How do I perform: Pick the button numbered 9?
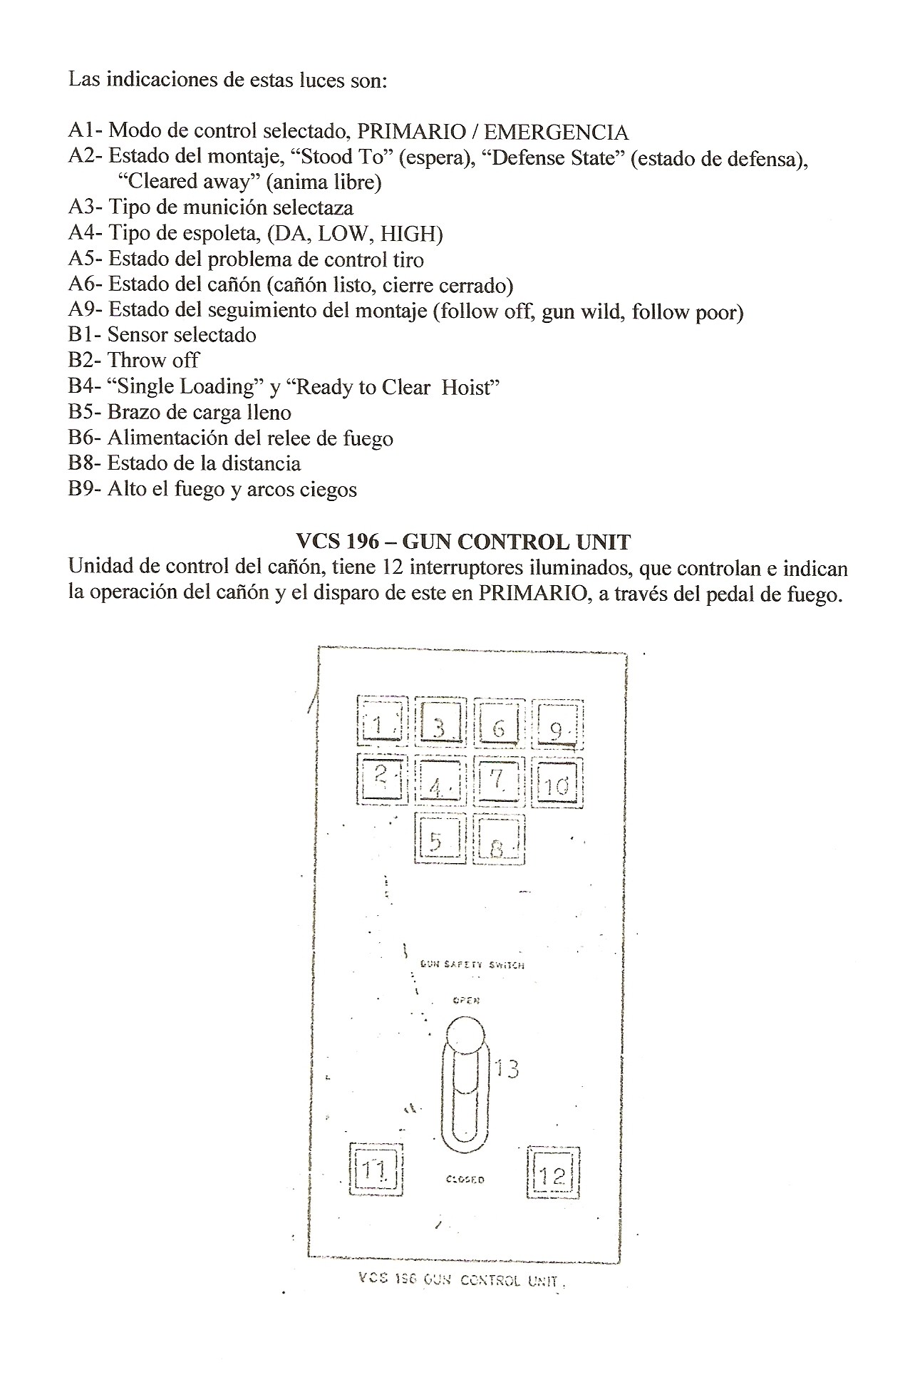click(x=558, y=726)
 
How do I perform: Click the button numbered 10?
click(x=557, y=783)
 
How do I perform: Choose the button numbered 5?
click(x=440, y=840)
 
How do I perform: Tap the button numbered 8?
click(x=499, y=840)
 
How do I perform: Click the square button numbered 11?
click(x=376, y=1169)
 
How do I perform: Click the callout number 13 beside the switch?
click(x=507, y=1068)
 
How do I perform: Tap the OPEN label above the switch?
click(x=466, y=1000)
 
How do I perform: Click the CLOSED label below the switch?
click(x=465, y=1180)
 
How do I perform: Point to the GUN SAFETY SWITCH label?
click(x=472, y=964)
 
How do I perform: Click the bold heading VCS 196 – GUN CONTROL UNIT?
click(x=462, y=542)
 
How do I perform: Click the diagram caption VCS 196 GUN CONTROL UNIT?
click(x=462, y=1279)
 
